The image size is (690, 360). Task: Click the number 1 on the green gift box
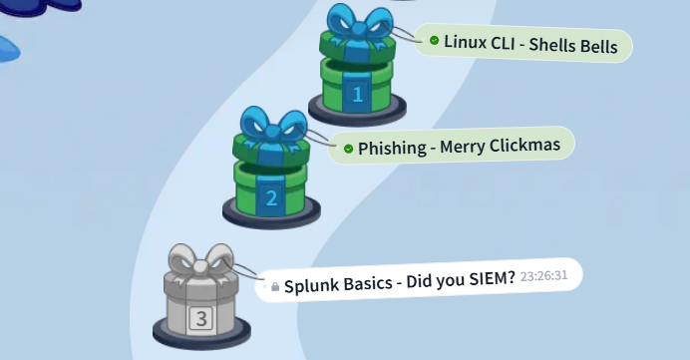[x=358, y=96]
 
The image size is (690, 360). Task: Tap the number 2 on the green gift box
[x=271, y=197]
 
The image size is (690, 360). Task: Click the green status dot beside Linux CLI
[x=434, y=41]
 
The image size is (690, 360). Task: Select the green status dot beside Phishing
[x=348, y=149]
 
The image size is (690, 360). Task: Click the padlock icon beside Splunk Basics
[x=275, y=286]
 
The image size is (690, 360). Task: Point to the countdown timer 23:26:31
[x=543, y=275]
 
